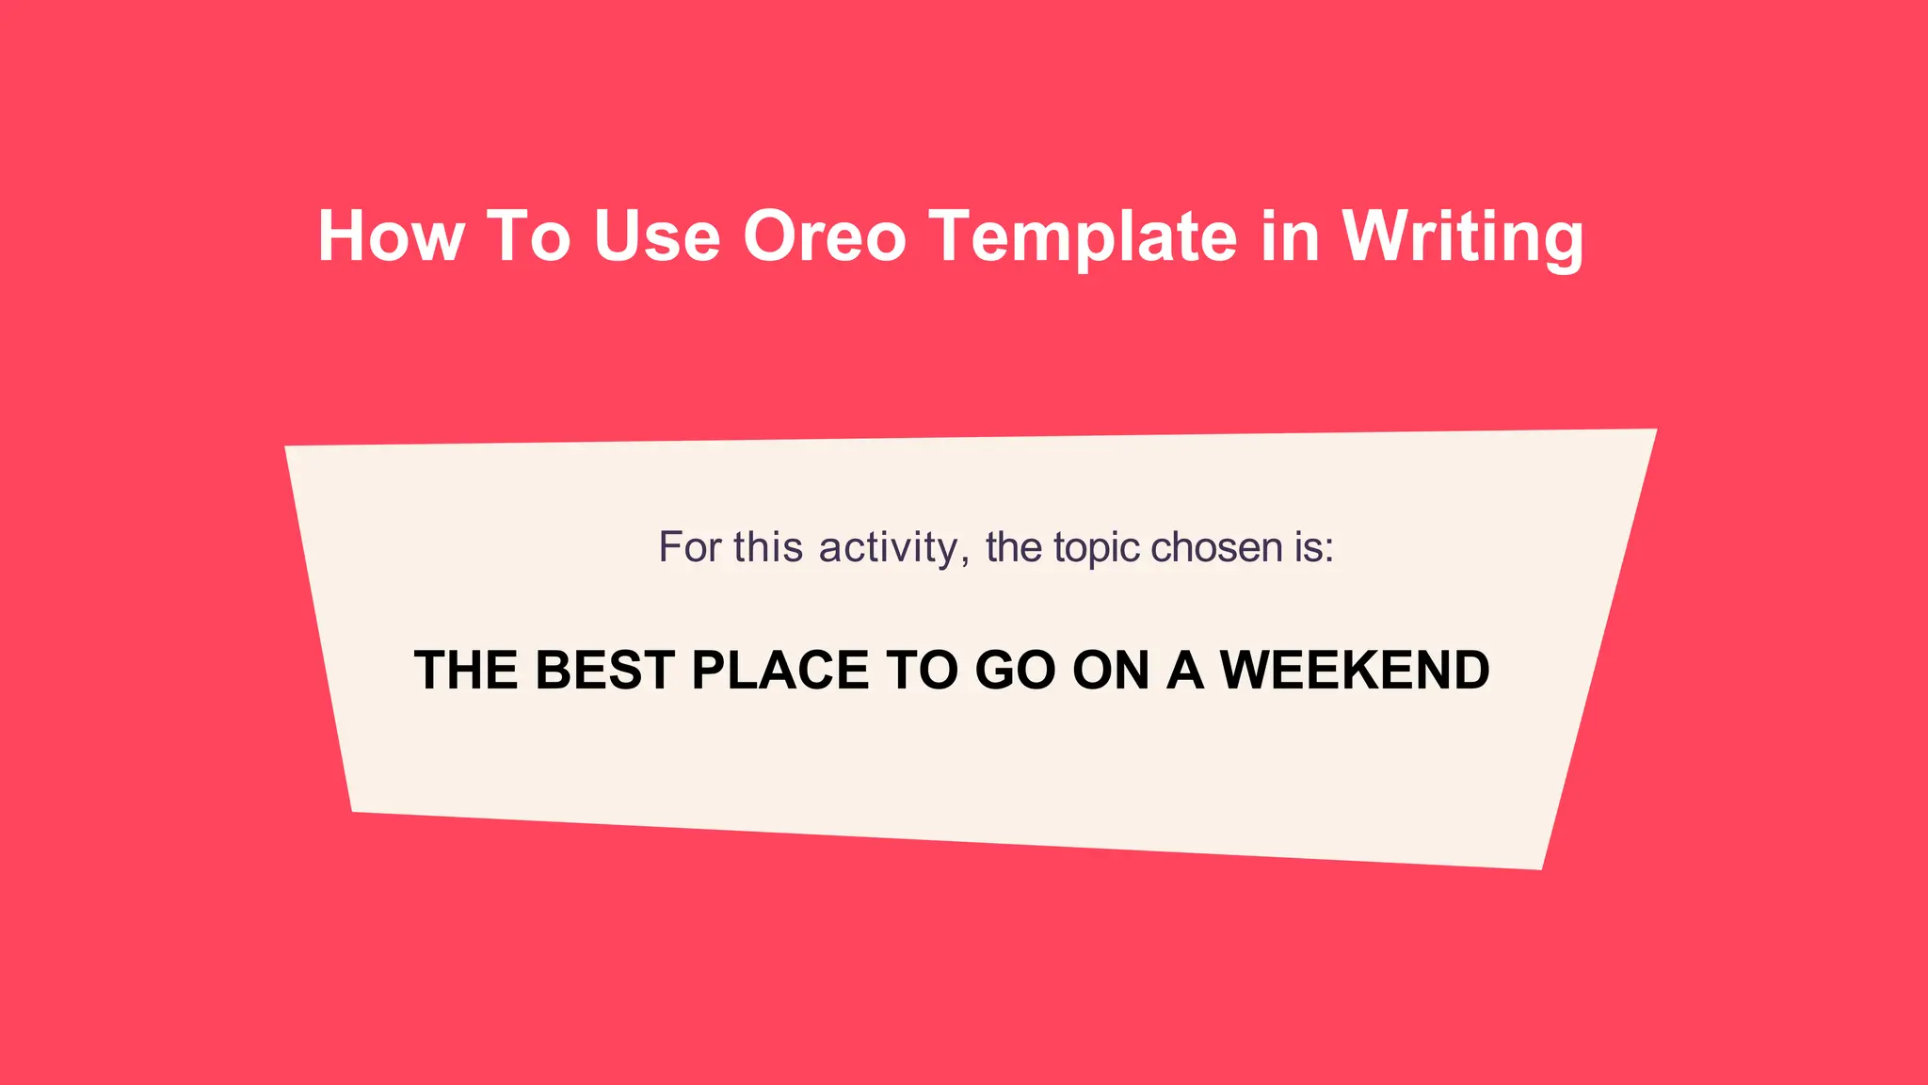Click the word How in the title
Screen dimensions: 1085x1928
click(x=391, y=235)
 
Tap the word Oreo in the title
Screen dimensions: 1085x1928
click(x=824, y=235)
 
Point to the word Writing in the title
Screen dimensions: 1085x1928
click(x=1463, y=235)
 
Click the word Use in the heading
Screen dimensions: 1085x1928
click(x=657, y=235)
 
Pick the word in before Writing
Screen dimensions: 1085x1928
click(x=1290, y=235)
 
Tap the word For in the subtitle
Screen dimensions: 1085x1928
click(x=689, y=547)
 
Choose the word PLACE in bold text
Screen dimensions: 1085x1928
click(x=779, y=671)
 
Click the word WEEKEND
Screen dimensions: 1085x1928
click(x=1355, y=671)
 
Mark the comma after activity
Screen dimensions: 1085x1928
click(x=965, y=561)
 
